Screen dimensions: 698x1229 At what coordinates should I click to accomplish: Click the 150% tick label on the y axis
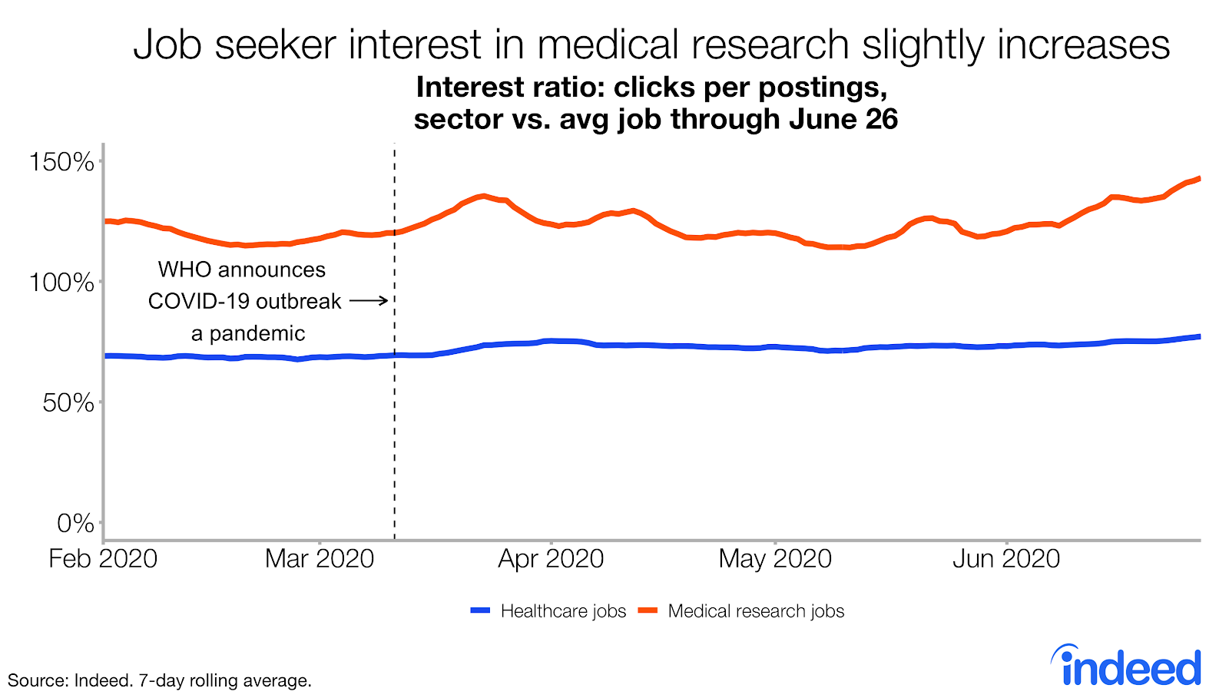click(x=61, y=162)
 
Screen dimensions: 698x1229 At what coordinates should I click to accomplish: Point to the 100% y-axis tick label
click(x=61, y=283)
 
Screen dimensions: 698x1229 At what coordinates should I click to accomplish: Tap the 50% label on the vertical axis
click(x=68, y=403)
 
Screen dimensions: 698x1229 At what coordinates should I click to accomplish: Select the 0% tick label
click(x=75, y=524)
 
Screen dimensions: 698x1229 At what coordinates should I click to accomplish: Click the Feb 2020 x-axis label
click(x=103, y=559)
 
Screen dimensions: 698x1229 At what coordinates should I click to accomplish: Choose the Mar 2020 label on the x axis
click(x=320, y=559)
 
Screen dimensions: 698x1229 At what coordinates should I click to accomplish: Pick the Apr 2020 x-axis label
click(x=551, y=559)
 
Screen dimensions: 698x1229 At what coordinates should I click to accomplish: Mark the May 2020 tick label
click(x=775, y=559)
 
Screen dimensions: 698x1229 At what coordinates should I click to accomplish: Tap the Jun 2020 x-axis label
click(x=1006, y=559)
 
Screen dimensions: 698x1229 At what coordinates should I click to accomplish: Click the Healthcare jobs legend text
click(x=563, y=611)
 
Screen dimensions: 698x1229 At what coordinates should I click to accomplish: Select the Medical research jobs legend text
click(x=756, y=611)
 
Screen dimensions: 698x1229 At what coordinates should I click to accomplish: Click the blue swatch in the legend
click(x=481, y=611)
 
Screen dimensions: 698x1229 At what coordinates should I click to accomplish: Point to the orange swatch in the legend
click(x=648, y=611)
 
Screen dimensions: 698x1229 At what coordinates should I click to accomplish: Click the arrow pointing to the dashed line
click(x=369, y=301)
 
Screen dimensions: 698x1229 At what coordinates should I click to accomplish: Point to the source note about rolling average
click(x=159, y=680)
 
